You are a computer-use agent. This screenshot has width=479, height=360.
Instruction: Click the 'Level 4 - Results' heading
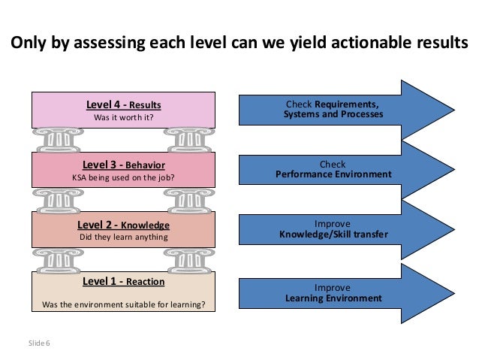pos(124,104)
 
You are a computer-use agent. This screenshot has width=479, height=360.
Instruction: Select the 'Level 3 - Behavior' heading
pos(124,164)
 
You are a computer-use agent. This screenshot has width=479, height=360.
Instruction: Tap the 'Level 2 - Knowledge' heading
pos(124,225)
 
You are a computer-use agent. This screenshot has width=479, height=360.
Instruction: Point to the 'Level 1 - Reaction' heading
pos(124,281)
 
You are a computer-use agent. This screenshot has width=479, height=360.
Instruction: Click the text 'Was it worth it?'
pos(124,118)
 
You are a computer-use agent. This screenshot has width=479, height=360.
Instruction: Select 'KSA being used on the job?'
pos(124,178)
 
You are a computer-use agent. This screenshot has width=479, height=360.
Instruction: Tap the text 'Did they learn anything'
pos(124,238)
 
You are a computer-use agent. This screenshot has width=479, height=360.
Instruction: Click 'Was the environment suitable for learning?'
pos(124,304)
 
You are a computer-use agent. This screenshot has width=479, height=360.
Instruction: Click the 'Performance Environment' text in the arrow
pos(333,174)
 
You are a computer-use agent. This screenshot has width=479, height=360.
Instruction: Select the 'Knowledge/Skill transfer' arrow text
pos(333,234)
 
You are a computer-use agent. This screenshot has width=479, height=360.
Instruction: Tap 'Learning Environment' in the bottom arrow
pos(333,298)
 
